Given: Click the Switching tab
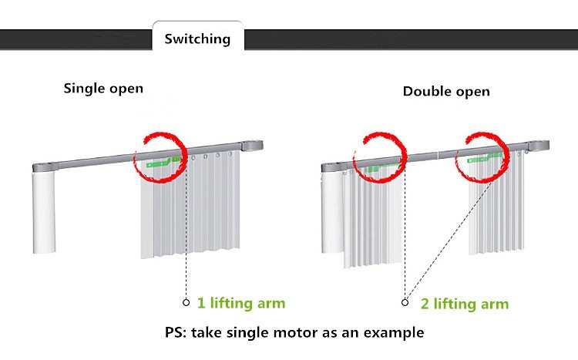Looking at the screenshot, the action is point(197,38).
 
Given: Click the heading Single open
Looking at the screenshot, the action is point(103,89).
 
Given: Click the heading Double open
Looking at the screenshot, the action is point(446,92).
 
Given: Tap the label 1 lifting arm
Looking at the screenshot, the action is point(241,303).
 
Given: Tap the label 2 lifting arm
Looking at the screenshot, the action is point(465,304).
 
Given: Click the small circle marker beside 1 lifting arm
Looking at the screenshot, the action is point(187,302).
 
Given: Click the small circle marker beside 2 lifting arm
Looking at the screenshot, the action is point(405,302).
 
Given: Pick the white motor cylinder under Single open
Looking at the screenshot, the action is point(44,212).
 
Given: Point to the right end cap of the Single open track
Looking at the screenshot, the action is point(252,146).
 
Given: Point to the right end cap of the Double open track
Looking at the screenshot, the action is point(539,146).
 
